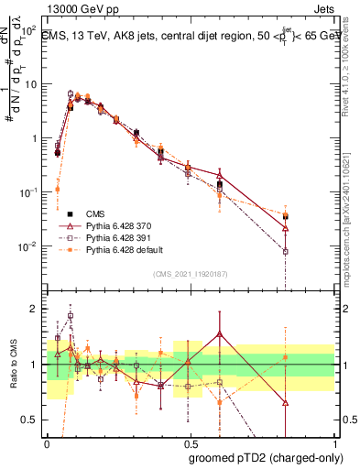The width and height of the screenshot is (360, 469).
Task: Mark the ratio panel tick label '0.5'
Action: [x=29, y=420]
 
